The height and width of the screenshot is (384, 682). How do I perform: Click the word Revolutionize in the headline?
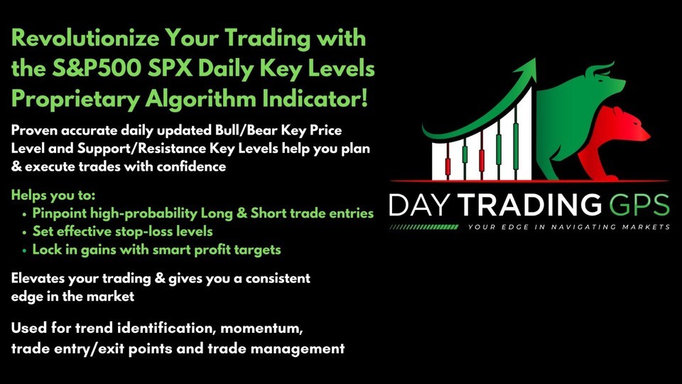click(x=85, y=38)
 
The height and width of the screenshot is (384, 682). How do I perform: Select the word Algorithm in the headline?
click(x=201, y=100)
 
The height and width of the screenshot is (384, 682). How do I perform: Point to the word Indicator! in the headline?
click(x=315, y=98)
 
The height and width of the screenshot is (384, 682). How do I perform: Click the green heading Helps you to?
click(x=53, y=195)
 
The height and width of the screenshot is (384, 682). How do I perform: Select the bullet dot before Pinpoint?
click(x=24, y=215)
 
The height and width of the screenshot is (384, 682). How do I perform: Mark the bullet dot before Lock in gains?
click(x=24, y=251)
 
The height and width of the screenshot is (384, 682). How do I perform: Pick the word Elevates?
click(x=38, y=278)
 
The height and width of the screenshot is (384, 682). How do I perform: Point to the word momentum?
click(x=261, y=328)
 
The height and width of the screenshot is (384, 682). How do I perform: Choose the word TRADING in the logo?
click(x=530, y=205)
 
